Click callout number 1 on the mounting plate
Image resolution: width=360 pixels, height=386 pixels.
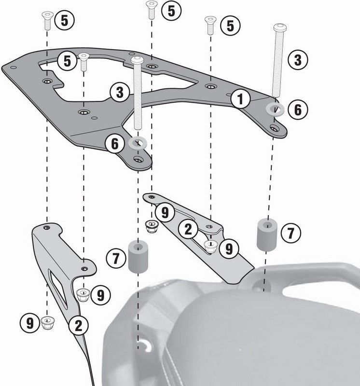[x=240, y=99]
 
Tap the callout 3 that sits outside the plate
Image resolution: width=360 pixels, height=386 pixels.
[x=297, y=60]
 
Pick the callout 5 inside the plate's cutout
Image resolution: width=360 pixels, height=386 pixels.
[x=67, y=61]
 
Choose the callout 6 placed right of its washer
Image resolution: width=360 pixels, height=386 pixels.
[x=297, y=110]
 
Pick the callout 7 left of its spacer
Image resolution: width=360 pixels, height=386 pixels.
[x=116, y=258]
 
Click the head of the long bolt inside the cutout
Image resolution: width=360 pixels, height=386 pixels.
[x=136, y=60]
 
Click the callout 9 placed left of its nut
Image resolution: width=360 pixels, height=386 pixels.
[x=30, y=321]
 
